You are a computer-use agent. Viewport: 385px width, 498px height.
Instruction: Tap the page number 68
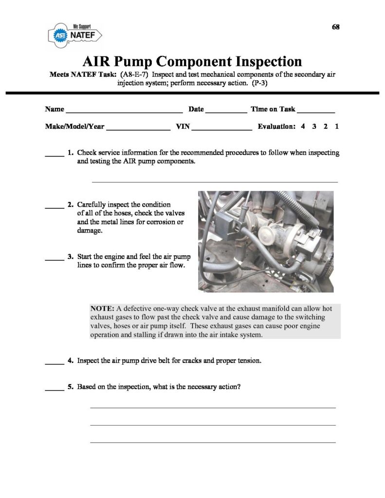point(335,27)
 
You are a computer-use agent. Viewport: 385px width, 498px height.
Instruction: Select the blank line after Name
point(124,111)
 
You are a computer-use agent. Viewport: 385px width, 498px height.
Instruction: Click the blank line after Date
point(226,111)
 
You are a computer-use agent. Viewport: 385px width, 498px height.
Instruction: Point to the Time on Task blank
point(316,111)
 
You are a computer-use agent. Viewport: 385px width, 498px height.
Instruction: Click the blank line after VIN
point(222,128)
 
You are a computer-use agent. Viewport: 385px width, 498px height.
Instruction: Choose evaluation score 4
point(303,126)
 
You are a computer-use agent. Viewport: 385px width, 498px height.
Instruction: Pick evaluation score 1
point(337,126)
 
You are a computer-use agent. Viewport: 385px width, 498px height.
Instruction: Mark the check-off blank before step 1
point(55,155)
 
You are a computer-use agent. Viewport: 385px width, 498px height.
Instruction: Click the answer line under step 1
point(215,181)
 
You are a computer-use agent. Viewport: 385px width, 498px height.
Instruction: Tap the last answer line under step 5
point(213,442)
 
